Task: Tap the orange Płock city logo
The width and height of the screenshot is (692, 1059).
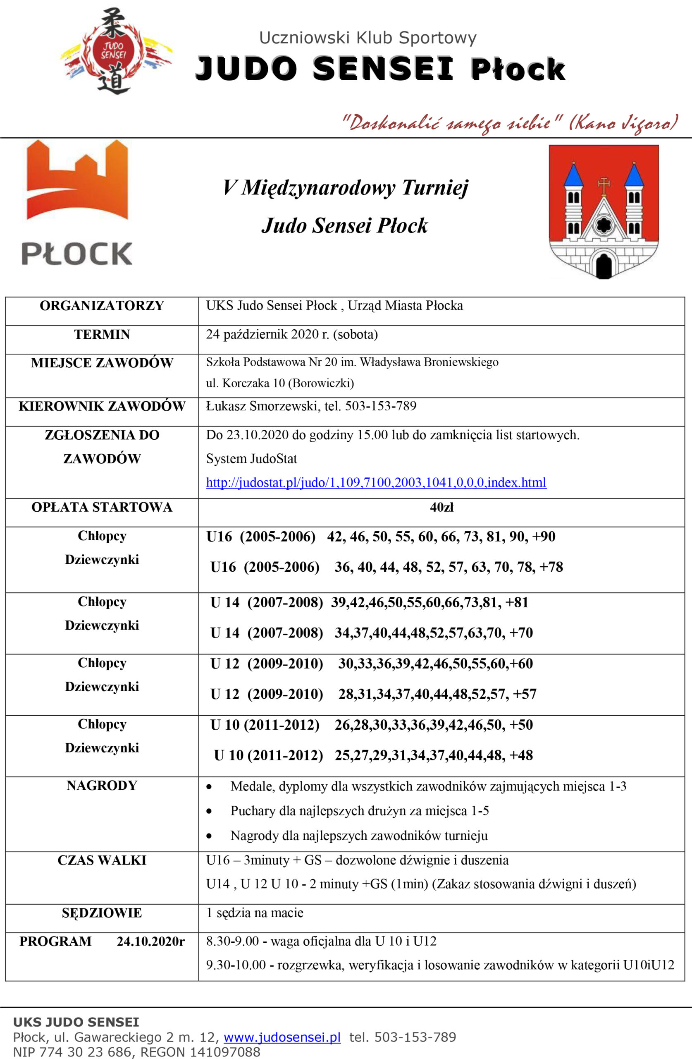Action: [77, 202]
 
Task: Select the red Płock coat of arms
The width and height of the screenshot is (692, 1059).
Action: [604, 211]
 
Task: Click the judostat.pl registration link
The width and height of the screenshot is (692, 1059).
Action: [376, 482]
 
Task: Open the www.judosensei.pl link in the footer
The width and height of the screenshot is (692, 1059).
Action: [282, 1037]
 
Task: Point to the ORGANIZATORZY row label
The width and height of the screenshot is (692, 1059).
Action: [102, 306]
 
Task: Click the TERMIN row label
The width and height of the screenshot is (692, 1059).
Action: [102, 334]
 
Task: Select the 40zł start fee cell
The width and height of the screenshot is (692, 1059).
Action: [441, 507]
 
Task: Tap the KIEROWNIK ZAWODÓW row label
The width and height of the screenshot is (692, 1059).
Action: [102, 406]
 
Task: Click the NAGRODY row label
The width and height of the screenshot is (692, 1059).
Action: [102, 785]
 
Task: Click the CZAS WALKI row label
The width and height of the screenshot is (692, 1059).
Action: [102, 860]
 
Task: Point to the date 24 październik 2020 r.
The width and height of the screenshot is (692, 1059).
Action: [291, 334]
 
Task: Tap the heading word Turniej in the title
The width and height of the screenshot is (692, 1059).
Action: [434, 187]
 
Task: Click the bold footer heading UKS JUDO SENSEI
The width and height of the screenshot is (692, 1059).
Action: [76, 1022]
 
